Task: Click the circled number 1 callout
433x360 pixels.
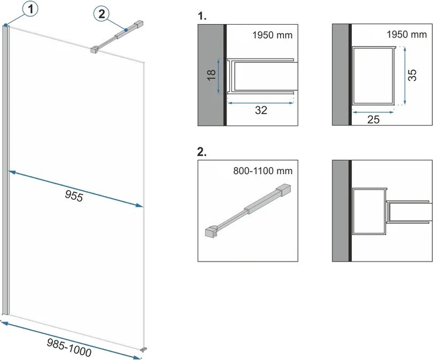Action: (x=18, y=9)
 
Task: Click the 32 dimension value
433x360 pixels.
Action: (x=261, y=111)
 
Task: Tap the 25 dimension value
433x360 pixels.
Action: (x=374, y=120)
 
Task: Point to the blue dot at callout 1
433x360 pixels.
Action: (x=5, y=25)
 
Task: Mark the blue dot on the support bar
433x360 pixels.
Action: (x=125, y=30)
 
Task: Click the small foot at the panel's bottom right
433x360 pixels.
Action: (x=142, y=350)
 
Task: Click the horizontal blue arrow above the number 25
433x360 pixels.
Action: (x=373, y=112)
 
